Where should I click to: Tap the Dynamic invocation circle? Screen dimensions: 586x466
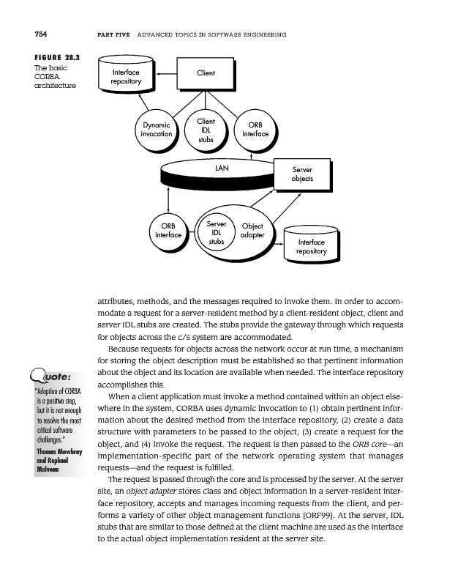(x=157, y=130)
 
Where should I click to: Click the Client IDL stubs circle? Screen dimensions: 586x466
(x=206, y=129)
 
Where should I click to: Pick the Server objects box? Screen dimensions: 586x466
(x=302, y=174)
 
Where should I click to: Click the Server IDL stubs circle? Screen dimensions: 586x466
(x=216, y=231)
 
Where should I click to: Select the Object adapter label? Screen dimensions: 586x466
(x=252, y=231)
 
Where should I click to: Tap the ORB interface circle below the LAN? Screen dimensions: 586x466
(x=168, y=231)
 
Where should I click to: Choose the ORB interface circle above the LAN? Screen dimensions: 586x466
(x=255, y=130)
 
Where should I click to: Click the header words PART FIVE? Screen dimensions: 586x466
(x=113, y=34)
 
